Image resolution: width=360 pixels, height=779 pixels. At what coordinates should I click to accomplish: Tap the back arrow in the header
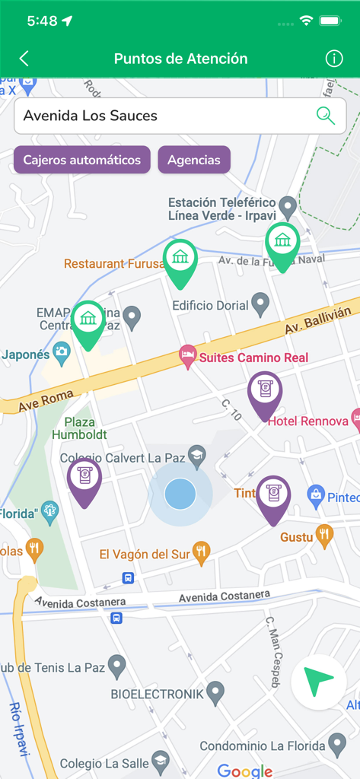(24, 59)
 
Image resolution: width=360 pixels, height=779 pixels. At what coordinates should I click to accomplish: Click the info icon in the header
(334, 59)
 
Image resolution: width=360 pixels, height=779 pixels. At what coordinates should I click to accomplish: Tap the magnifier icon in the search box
(325, 116)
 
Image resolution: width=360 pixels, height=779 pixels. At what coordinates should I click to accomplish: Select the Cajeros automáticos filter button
(81, 160)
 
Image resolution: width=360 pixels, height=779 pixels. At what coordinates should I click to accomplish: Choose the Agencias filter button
(194, 160)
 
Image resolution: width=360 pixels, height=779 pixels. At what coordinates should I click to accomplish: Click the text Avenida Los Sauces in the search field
(91, 116)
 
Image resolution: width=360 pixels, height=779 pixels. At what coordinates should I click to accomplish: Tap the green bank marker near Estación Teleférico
(282, 243)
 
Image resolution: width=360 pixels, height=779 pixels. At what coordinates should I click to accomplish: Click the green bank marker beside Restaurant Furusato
(180, 259)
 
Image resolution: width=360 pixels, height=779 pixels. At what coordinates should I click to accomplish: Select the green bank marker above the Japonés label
(88, 320)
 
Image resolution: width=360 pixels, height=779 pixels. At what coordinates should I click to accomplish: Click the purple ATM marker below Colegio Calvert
(84, 479)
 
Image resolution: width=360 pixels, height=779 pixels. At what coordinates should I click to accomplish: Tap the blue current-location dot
(180, 494)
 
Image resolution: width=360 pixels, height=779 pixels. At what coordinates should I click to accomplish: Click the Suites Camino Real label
(253, 357)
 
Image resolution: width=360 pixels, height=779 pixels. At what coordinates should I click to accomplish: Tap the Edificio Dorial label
(211, 305)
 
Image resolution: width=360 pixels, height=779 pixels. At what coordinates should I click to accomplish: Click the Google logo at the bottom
(245, 770)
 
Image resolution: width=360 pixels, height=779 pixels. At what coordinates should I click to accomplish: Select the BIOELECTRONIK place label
(158, 694)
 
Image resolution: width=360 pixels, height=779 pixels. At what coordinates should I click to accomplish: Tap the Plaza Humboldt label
(79, 428)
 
